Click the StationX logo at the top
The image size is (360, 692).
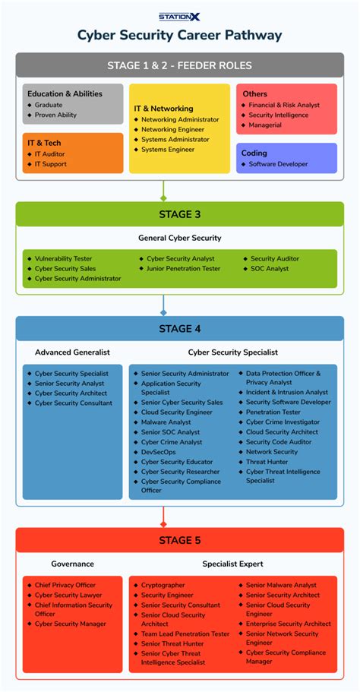[179, 16]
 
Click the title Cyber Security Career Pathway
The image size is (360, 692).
[179, 35]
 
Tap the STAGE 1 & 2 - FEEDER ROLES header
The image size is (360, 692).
[179, 65]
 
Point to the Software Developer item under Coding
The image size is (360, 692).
[278, 164]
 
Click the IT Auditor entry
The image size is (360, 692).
[50, 154]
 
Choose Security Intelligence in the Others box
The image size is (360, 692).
[279, 115]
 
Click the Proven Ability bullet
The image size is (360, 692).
[55, 115]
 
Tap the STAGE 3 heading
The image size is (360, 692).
[179, 214]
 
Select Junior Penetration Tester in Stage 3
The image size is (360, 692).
[183, 269]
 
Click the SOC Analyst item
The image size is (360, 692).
[270, 269]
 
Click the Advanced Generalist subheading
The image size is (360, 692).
[72, 352]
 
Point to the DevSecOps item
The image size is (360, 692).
[158, 452]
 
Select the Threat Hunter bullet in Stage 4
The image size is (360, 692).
[267, 461]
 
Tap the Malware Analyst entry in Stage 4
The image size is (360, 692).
[166, 422]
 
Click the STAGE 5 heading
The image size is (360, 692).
[179, 540]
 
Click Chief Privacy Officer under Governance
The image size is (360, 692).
[65, 586]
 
